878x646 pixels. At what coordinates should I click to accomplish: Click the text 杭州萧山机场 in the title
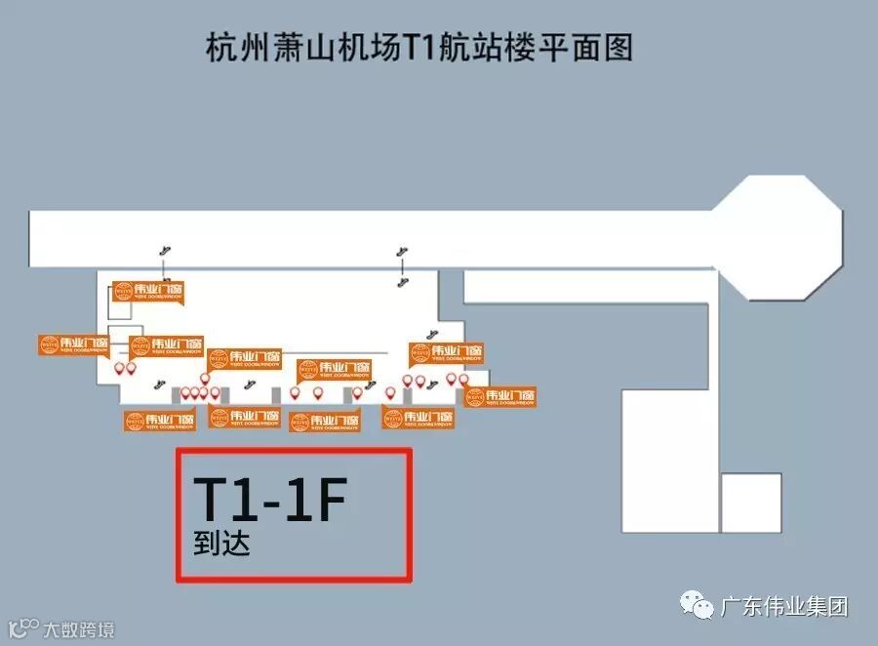(x=303, y=47)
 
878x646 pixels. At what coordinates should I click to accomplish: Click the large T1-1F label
(x=269, y=501)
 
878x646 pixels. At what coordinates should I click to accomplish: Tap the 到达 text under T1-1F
(x=221, y=543)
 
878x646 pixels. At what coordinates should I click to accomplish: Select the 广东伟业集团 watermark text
(x=784, y=606)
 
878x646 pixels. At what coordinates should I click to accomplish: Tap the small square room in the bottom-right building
(x=751, y=503)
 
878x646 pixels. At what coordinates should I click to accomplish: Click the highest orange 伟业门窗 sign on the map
(x=147, y=291)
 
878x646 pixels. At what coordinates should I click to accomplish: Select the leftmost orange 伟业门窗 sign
(x=73, y=344)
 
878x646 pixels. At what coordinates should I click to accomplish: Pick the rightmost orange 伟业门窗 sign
(x=500, y=396)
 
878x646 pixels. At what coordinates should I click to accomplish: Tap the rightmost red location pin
(x=463, y=379)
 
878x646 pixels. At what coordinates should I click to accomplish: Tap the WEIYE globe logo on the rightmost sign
(x=475, y=396)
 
